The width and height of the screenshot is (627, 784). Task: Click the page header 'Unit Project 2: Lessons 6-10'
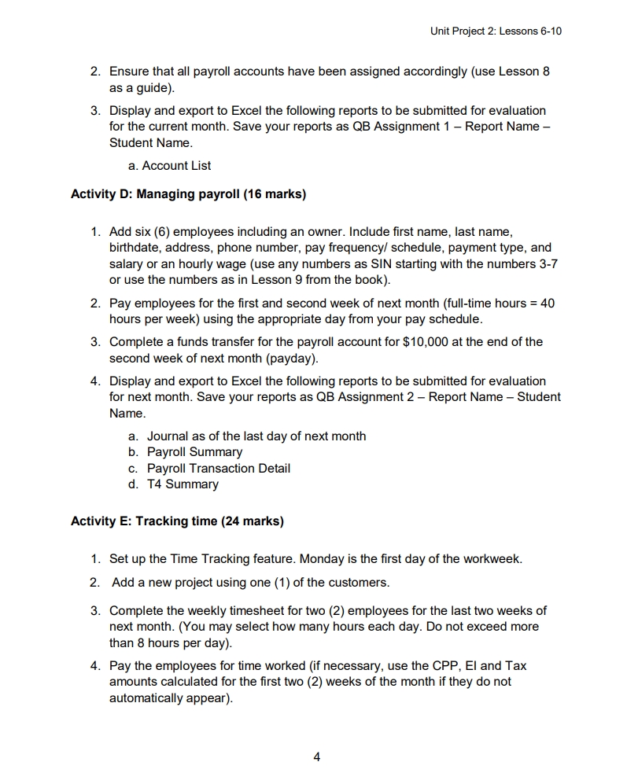pyautogui.click(x=496, y=31)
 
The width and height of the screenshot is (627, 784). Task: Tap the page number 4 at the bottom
pyautogui.click(x=316, y=757)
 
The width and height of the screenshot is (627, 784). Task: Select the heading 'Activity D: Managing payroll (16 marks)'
pyautogui.click(x=188, y=193)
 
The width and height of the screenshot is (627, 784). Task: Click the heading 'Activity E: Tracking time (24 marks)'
pyautogui.click(x=177, y=521)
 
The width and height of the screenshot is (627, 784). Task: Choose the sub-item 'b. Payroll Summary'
pyautogui.click(x=185, y=452)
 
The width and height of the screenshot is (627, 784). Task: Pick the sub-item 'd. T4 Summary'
pyautogui.click(x=173, y=484)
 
